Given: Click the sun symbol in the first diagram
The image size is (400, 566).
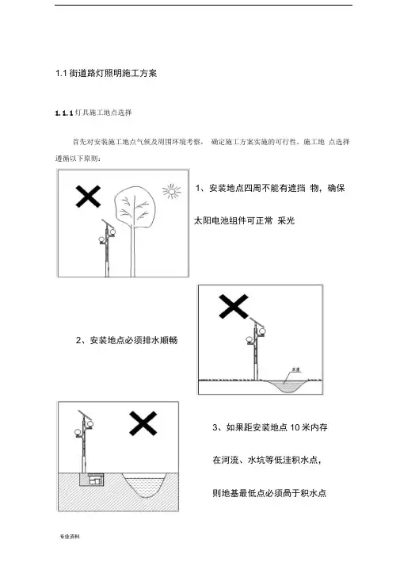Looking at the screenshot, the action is pyautogui.click(x=172, y=191).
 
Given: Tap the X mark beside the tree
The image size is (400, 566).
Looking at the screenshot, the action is pyautogui.click(x=88, y=197).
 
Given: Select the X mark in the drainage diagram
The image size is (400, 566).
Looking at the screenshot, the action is pyautogui.click(x=234, y=307).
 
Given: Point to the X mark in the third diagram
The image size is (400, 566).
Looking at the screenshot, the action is pyautogui.click(x=143, y=423).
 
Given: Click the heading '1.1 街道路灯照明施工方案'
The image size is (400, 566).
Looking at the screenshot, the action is pyautogui.click(x=106, y=73).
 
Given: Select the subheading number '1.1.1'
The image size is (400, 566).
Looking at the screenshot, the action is pyautogui.click(x=64, y=113).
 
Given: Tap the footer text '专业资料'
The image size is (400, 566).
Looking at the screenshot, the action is pyautogui.click(x=70, y=537).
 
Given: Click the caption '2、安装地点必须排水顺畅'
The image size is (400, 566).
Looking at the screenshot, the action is pyautogui.click(x=127, y=340).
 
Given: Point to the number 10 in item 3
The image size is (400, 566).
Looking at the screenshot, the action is pyautogui.click(x=295, y=427).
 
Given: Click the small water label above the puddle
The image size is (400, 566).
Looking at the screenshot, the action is pyautogui.click(x=296, y=369).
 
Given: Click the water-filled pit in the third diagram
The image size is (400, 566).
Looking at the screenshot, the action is pyautogui.click(x=144, y=485).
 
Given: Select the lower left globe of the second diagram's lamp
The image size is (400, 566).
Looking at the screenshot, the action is pyautogui.click(x=249, y=339).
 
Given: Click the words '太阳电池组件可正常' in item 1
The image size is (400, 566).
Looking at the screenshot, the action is pyautogui.click(x=234, y=220).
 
